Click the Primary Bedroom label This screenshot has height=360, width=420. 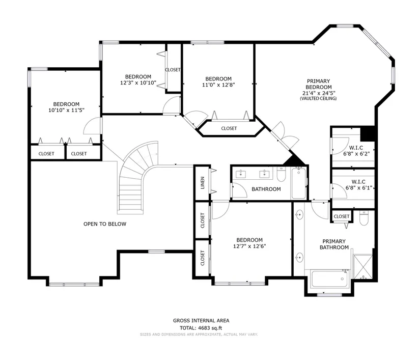click(x=319, y=84)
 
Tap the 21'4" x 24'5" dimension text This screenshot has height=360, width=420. click(x=319, y=93)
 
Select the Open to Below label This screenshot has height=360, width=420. click(x=105, y=224)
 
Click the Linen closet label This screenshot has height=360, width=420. click(x=203, y=183)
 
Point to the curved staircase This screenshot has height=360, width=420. click(x=134, y=177)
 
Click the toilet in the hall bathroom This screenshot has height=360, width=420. click(x=281, y=174)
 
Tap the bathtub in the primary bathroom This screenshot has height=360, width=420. click(x=330, y=279)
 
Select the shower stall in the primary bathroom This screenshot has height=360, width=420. click(x=363, y=267)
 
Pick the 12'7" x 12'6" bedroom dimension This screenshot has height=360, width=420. click(x=249, y=246)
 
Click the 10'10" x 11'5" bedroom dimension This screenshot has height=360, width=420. click(x=66, y=110)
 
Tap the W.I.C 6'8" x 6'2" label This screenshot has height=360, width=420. click(x=356, y=151)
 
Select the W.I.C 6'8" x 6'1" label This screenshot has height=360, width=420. click(x=359, y=185)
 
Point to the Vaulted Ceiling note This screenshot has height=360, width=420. click(x=318, y=99)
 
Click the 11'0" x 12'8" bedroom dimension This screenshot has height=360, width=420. click(x=218, y=85)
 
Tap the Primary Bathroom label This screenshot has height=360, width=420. click(x=334, y=244)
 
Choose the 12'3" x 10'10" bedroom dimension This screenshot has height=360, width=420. click(x=138, y=83)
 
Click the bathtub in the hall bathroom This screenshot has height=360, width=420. click(x=298, y=183)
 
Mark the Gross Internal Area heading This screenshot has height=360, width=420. click(x=201, y=321)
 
